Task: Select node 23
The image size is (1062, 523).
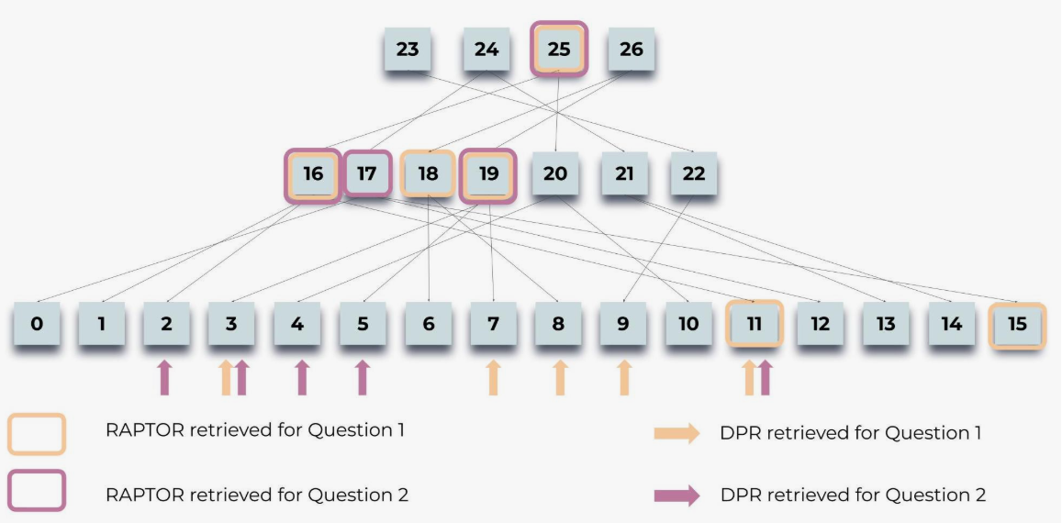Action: (x=408, y=49)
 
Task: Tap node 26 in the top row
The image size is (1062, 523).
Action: (x=632, y=49)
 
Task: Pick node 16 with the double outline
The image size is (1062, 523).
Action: (x=313, y=174)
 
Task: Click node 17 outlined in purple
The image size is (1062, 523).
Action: (x=366, y=173)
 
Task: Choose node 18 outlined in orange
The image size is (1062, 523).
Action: (x=428, y=173)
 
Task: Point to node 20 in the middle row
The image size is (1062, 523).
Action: (x=555, y=173)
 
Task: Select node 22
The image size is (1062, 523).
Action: (x=694, y=173)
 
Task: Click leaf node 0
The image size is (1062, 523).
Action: (x=37, y=324)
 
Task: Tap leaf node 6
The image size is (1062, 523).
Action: (x=428, y=324)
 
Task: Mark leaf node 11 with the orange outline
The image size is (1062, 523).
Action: (x=754, y=324)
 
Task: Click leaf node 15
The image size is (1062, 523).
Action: (x=1017, y=325)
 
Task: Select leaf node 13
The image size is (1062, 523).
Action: (x=886, y=324)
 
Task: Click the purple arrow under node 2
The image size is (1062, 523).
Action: (x=164, y=377)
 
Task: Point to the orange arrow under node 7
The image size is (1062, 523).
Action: (x=493, y=377)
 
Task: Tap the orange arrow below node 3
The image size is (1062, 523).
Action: (x=227, y=377)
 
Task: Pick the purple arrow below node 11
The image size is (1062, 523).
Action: (x=765, y=377)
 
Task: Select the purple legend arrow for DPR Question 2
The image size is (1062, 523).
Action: (x=676, y=495)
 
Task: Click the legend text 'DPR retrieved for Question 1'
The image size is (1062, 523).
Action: (x=851, y=432)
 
